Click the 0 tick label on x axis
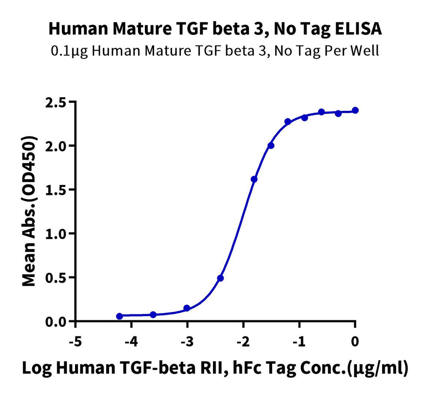[x=355, y=341]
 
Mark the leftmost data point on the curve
[x=119, y=316]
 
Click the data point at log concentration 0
[x=355, y=110]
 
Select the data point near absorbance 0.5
[x=221, y=278]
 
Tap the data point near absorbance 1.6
[x=254, y=179]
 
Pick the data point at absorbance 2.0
[x=271, y=145]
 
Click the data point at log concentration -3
[x=187, y=308]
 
